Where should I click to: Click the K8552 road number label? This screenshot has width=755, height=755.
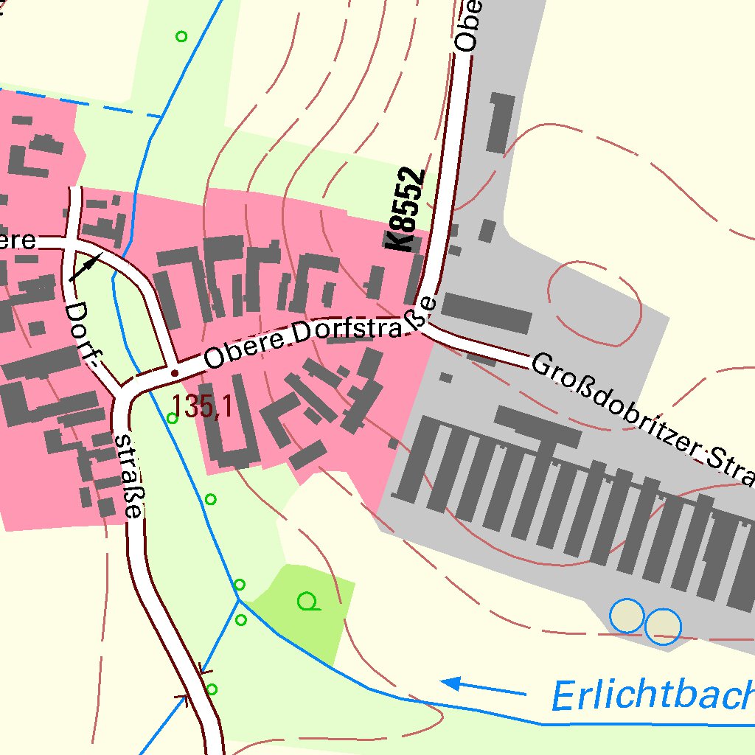(406, 211)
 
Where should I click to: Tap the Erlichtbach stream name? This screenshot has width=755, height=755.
(653, 695)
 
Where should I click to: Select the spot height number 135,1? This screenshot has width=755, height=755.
(203, 406)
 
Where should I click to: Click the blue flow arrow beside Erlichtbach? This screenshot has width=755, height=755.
(483, 688)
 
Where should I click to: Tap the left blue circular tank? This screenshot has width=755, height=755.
(627, 616)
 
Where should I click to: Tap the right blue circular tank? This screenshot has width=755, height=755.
(663, 626)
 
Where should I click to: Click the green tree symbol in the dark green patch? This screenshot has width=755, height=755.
(309, 602)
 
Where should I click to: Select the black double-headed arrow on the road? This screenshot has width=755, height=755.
(86, 267)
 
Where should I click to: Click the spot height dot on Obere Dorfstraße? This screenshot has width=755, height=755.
(175, 373)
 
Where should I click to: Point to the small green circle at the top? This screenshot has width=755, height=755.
(181, 35)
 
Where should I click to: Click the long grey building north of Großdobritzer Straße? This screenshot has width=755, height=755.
(487, 312)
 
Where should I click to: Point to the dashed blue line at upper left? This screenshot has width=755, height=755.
(81, 102)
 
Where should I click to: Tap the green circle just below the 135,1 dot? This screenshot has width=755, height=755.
(172, 418)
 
